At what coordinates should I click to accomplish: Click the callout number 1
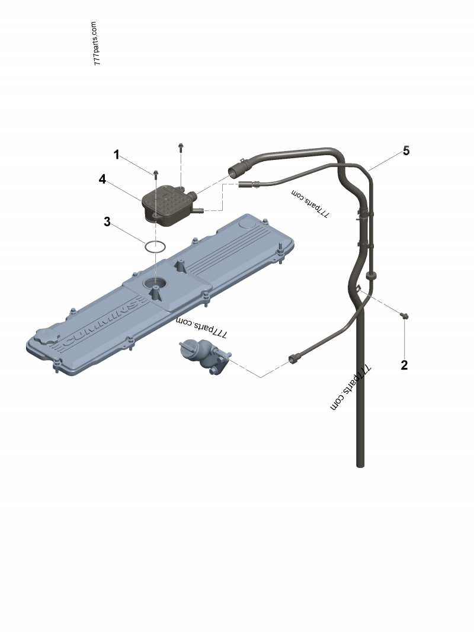pyautogui.click(x=117, y=155)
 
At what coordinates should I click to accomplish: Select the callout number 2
pyautogui.click(x=404, y=365)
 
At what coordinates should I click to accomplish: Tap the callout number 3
pyautogui.click(x=107, y=222)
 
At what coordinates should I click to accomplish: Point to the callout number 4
pyautogui.click(x=103, y=179)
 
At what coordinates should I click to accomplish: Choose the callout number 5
pyautogui.click(x=406, y=150)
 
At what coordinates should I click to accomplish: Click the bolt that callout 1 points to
pyautogui.click(x=156, y=174)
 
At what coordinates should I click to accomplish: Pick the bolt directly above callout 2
pyautogui.click(x=404, y=316)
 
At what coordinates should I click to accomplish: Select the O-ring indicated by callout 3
pyautogui.click(x=155, y=246)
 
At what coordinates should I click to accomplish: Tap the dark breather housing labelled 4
pyautogui.click(x=168, y=204)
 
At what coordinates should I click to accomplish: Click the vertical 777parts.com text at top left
pyautogui.click(x=97, y=44)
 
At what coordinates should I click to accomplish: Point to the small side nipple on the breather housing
pyautogui.click(x=199, y=210)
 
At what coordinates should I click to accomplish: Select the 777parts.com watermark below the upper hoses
pyautogui.click(x=310, y=203)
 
